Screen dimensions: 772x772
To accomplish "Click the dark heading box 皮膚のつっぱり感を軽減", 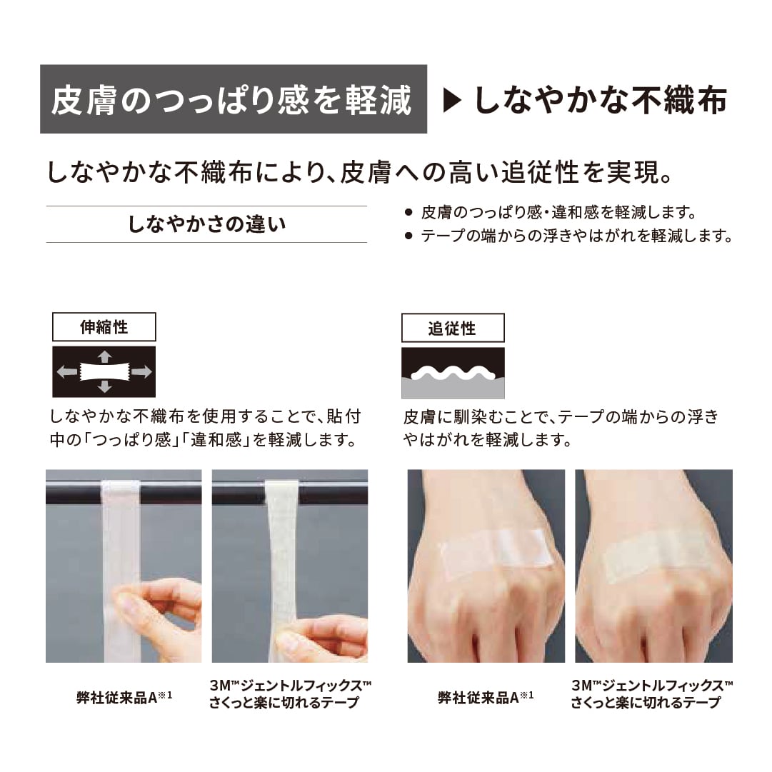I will click(x=233, y=99).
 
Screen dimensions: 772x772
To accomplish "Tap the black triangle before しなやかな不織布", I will click(x=453, y=101).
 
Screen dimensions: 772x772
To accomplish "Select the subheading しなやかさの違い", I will click(x=206, y=224).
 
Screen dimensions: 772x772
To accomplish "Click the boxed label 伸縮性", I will click(x=104, y=327).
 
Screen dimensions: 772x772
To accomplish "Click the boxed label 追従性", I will click(x=453, y=329).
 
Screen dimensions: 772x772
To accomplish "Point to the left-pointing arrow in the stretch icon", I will click(x=67, y=371).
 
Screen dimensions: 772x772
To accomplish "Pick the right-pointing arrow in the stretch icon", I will click(x=141, y=371).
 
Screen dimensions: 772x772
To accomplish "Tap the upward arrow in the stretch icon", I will click(x=104, y=356).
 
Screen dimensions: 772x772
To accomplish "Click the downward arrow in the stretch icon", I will click(x=104, y=387).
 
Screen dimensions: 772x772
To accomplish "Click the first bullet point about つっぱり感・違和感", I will click(x=557, y=212).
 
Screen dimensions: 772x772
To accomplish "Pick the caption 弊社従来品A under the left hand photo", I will click(x=486, y=697).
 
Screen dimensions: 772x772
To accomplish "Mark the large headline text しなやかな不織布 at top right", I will click(x=600, y=101).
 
